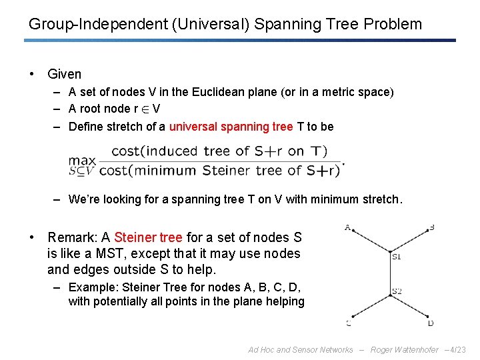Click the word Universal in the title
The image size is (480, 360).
(197, 25)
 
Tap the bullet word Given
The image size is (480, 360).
(65, 75)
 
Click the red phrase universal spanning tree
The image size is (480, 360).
(231, 127)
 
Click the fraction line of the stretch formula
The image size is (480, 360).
(220, 161)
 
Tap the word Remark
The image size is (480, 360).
(73, 237)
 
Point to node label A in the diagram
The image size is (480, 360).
(347, 227)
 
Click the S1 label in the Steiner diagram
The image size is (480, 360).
(397, 256)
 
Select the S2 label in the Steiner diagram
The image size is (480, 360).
(397, 291)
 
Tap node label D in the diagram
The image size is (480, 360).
(431, 323)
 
